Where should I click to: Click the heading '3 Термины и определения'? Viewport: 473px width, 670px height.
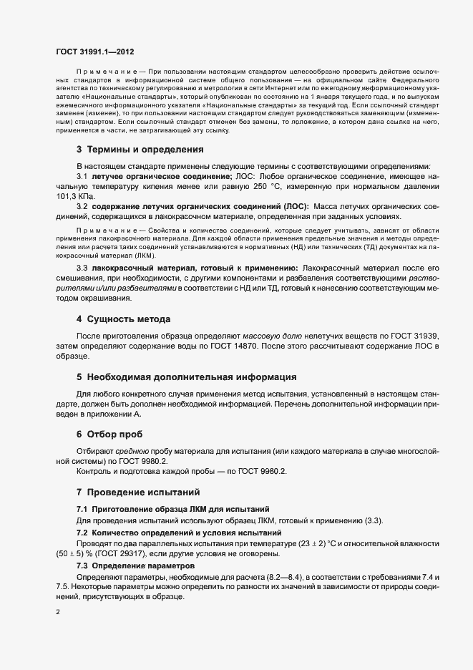tap(140, 150)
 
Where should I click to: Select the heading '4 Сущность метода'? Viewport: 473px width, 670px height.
tap(123, 318)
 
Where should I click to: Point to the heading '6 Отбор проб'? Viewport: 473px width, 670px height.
tap(109, 434)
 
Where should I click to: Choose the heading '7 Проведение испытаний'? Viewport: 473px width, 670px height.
tap(138, 492)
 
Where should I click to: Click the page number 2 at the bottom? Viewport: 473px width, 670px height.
tap(58, 613)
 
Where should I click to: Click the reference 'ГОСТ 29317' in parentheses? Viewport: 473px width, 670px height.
tap(114, 554)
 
